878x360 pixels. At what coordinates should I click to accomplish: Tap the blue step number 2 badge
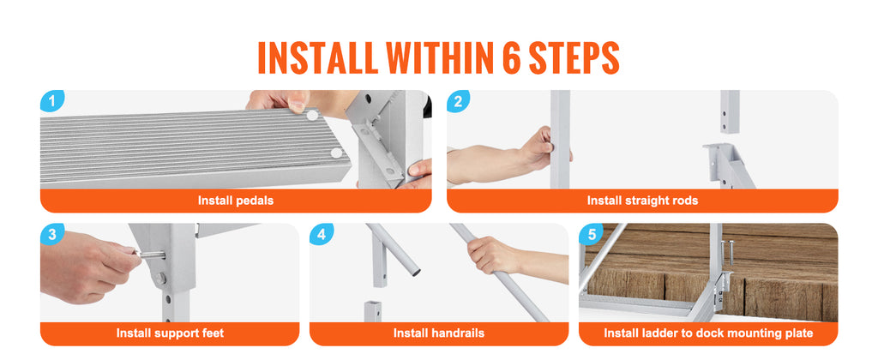(458, 101)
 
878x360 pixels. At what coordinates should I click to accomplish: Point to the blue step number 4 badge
(321, 234)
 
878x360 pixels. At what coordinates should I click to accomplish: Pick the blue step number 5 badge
(591, 234)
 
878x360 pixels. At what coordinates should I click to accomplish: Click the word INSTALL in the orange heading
(317, 57)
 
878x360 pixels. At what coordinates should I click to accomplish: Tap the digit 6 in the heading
(512, 57)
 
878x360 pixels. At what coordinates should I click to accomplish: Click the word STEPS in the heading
(574, 57)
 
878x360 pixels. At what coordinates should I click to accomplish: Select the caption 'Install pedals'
(236, 201)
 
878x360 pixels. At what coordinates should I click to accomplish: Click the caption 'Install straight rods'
(642, 201)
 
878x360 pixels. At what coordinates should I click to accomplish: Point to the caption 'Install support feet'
(170, 333)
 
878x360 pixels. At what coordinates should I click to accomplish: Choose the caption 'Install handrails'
(438, 333)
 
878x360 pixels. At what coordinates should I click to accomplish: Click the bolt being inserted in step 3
(150, 255)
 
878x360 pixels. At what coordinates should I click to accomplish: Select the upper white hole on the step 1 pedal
(312, 116)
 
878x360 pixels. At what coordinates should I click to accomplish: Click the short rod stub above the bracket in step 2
(730, 112)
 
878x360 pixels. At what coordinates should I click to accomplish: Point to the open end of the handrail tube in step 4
(416, 272)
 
